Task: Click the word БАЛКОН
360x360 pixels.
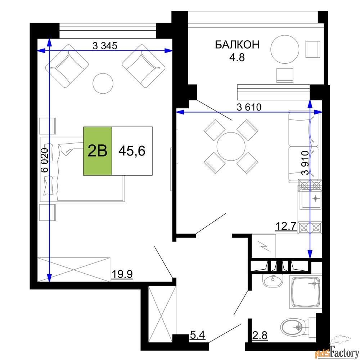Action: pyautogui.click(x=237, y=45)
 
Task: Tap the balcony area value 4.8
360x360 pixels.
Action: pyautogui.click(x=237, y=57)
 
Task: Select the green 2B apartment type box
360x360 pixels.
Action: pyautogui.click(x=98, y=151)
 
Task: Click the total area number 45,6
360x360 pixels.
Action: pyautogui.click(x=132, y=151)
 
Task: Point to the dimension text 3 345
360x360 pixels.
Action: pyautogui.click(x=105, y=46)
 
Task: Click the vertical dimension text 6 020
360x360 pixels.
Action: pyautogui.click(x=45, y=160)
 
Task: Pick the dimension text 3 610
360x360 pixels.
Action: pyautogui.click(x=249, y=107)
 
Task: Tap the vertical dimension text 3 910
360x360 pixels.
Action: pyautogui.click(x=305, y=163)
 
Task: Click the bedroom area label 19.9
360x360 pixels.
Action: pyautogui.click(x=122, y=274)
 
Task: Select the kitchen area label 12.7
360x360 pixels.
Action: pyautogui.click(x=286, y=226)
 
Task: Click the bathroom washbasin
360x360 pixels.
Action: pyautogui.click(x=273, y=281)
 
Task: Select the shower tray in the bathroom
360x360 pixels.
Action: pyautogui.click(x=306, y=292)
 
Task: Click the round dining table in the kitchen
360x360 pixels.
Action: pyautogui.click(x=231, y=146)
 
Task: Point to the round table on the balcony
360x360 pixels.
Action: pyautogui.click(x=285, y=49)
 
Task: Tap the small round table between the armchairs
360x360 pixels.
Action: pyautogui.click(x=103, y=84)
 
